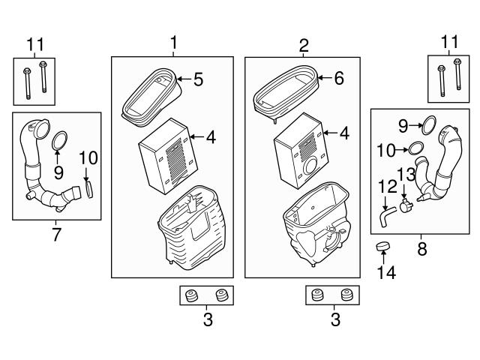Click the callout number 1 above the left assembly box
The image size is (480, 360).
pos(173,43)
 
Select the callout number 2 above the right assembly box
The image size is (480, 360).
pos(303,46)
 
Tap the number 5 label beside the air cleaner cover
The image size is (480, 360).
pos(198,79)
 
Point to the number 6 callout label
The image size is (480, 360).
pos(339,78)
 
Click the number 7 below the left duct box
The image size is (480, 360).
pos(57,235)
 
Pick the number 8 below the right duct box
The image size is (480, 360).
pos(421,249)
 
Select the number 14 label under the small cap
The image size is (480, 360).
pos(386,272)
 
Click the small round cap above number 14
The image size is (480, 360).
pos(382,246)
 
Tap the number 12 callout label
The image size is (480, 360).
pos(388,187)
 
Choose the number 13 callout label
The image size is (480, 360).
pos(406,174)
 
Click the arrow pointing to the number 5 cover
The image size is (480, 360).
pos(184,79)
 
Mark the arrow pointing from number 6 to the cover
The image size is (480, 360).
pos(325,78)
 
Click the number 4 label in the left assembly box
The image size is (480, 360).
pos(211,136)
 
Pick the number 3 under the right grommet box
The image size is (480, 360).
pos(335,319)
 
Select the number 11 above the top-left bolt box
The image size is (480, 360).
pos(35,44)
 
